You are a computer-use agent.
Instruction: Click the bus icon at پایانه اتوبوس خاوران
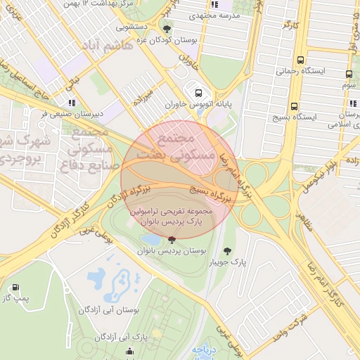point(198,92)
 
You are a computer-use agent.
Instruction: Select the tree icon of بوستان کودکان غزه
point(167,29)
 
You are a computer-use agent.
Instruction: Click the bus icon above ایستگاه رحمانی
point(301,60)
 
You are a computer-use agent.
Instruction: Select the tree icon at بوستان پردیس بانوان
point(172,240)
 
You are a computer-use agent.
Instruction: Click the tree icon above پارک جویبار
point(226,250)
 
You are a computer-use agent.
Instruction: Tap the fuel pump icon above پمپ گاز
point(15,287)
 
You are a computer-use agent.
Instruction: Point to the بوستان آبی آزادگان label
point(109,309)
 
